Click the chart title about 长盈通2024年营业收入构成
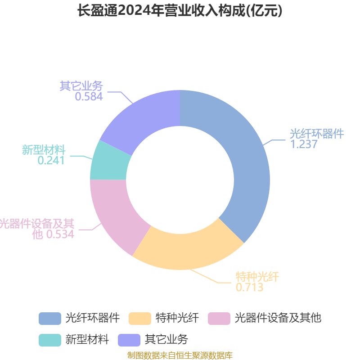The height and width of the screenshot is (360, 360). click(180, 10)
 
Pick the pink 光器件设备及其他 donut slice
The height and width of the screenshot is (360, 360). click(115, 213)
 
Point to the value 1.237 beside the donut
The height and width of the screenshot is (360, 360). click(303, 144)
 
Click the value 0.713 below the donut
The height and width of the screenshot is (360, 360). click(250, 287)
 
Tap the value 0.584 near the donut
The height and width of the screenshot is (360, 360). click(89, 96)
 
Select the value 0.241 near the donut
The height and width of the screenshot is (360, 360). click(51, 160)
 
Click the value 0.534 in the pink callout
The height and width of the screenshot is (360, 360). click(60, 234)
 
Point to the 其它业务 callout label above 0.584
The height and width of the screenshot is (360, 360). click(81, 86)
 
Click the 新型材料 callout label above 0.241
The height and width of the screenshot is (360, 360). click(44, 150)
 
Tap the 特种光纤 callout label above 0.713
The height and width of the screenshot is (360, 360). click(257, 277)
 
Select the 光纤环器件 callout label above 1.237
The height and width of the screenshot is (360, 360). click(317, 134)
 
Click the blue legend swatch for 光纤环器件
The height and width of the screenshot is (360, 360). click(50, 319)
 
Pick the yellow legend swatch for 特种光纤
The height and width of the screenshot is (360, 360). click(140, 319)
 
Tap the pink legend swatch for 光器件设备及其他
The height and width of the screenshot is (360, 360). click(219, 319)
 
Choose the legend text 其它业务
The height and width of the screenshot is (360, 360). click(166, 339)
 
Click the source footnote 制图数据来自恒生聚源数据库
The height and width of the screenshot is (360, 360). click(180, 355)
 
